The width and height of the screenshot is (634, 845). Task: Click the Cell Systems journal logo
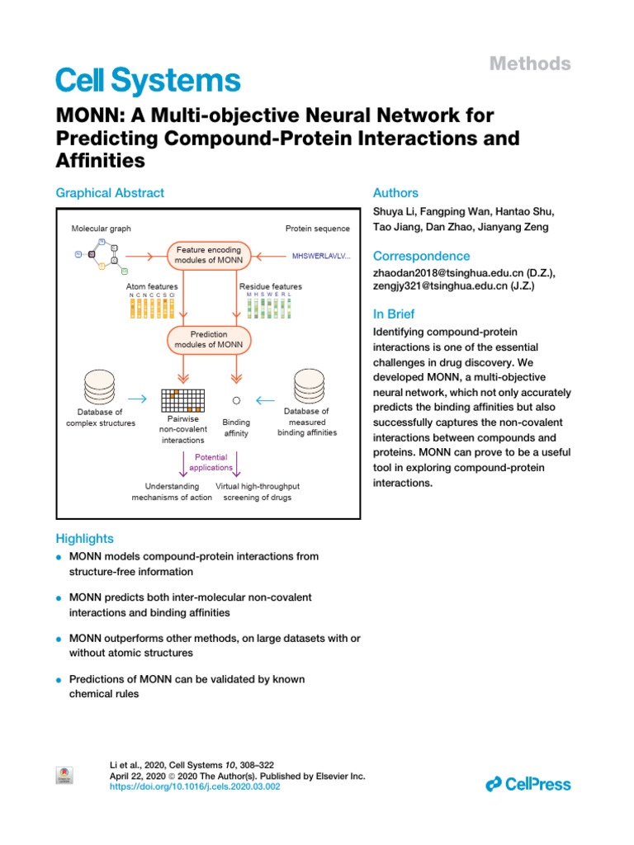coord(148,80)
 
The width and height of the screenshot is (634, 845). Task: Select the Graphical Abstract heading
coord(110,193)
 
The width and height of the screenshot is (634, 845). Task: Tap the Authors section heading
coord(395,193)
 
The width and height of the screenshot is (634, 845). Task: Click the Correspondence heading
coord(422,256)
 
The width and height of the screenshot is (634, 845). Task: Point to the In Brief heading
coord(394,314)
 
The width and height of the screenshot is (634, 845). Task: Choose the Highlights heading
coord(84,539)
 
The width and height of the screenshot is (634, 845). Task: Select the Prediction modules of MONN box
coord(210,339)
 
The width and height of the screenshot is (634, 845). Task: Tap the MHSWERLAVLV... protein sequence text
coord(321,256)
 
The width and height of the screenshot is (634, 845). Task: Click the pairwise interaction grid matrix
coord(182,399)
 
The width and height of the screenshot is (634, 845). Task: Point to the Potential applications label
coord(211,462)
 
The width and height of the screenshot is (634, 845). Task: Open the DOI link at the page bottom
coord(196,787)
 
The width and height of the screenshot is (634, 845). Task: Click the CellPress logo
coord(528,785)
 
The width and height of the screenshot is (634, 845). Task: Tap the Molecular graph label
coord(102,229)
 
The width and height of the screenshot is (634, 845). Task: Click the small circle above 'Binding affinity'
coord(236,400)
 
